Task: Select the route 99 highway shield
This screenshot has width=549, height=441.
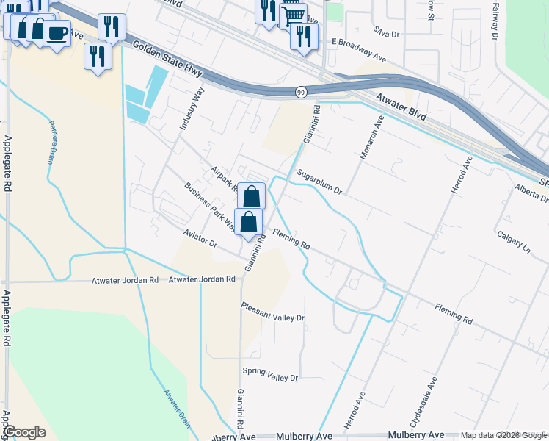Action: click(301, 92)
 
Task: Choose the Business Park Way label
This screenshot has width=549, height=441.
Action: click(210, 207)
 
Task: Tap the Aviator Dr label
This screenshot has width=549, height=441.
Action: click(200, 237)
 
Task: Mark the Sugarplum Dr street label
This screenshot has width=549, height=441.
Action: click(320, 182)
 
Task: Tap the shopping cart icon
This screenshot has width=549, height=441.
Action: click(293, 14)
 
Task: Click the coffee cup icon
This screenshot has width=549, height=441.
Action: click(57, 32)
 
